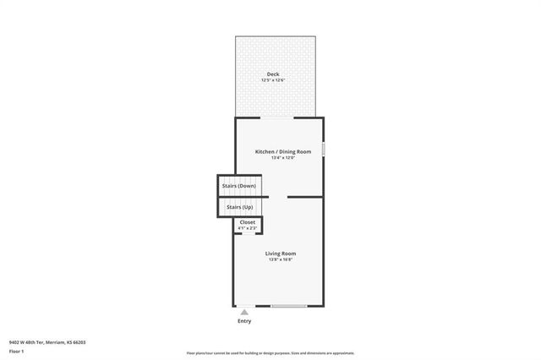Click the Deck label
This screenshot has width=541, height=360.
(x=273, y=74)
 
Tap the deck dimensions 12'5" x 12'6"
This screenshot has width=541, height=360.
(x=273, y=80)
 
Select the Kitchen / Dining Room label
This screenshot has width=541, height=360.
(x=283, y=151)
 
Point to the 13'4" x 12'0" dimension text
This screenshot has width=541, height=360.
(x=283, y=157)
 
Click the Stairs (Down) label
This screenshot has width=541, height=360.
(x=238, y=185)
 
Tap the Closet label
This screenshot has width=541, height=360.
(x=248, y=222)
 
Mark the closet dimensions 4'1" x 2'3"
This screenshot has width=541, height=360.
(x=248, y=228)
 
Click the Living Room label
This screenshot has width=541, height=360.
(x=280, y=254)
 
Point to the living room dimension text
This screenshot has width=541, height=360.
(x=280, y=259)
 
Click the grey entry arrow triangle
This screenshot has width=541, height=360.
(x=244, y=312)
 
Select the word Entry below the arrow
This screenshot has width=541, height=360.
(x=244, y=321)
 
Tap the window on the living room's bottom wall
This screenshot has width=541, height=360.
(x=288, y=306)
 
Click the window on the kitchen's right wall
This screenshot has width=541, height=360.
(x=323, y=149)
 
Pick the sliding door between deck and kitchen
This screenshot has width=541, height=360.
(x=277, y=117)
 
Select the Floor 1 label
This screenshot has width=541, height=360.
(x=17, y=351)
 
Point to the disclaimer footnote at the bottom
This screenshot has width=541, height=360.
(x=270, y=353)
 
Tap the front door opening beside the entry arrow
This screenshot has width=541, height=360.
(x=244, y=306)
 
